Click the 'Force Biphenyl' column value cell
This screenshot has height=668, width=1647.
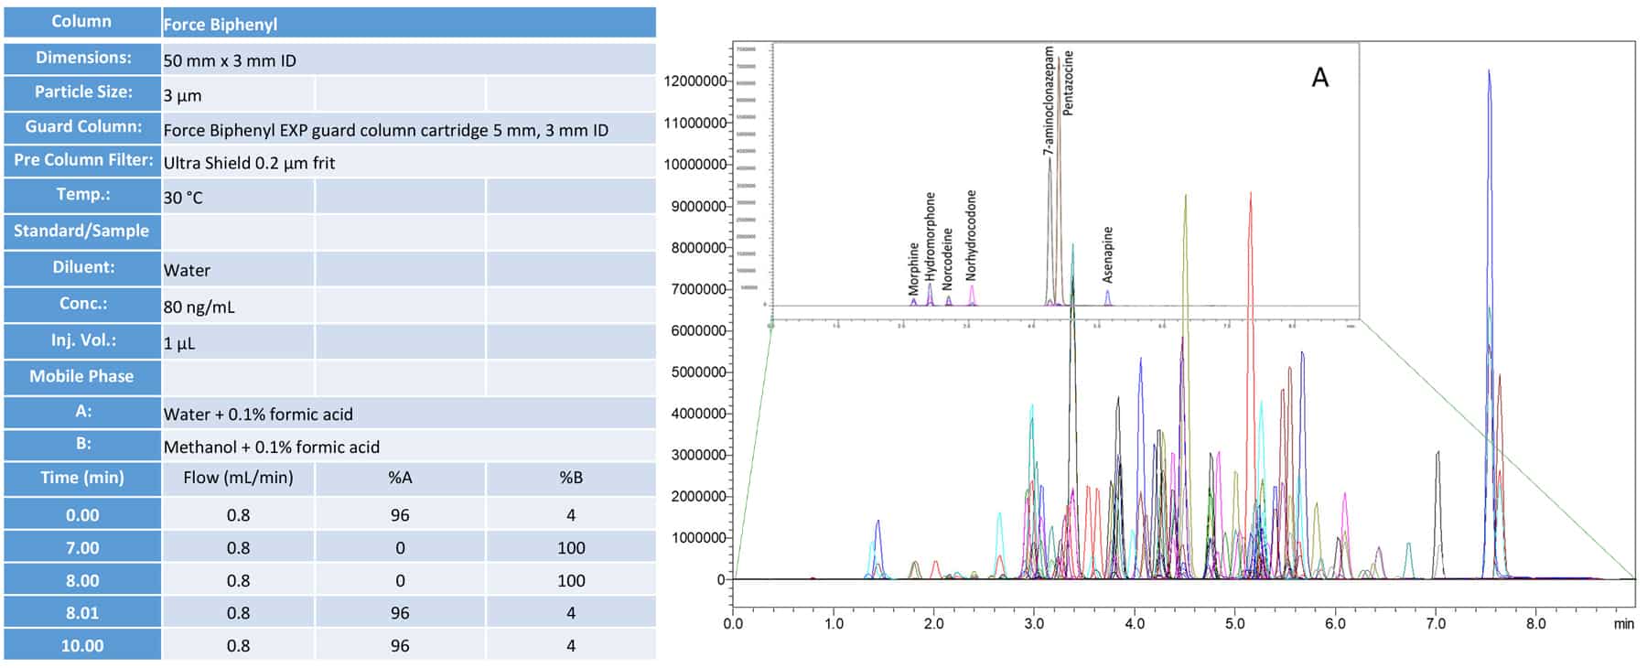pyautogui.click(x=221, y=24)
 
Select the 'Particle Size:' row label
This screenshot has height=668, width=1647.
pyautogui.click(x=82, y=92)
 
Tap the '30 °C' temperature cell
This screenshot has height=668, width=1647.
pyautogui.click(x=183, y=197)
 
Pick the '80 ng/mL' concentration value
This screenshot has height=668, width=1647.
pyautogui.click(x=199, y=307)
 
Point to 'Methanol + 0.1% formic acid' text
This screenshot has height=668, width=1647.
pyautogui.click(x=271, y=447)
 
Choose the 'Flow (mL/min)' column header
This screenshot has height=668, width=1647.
pyautogui.click(x=238, y=477)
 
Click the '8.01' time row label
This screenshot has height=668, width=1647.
pyautogui.click(x=82, y=612)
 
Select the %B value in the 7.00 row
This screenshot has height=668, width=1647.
pyautogui.click(x=571, y=547)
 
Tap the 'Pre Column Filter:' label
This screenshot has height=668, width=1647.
pyautogui.click(x=82, y=160)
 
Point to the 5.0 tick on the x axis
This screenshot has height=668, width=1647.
pyautogui.click(x=1234, y=623)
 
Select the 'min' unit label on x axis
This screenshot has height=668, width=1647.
pyautogui.click(x=1623, y=623)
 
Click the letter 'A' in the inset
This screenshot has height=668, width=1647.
pyautogui.click(x=1319, y=77)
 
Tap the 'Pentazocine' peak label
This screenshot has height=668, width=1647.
pyautogui.click(x=1068, y=82)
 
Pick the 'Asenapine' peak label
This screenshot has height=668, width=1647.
pyautogui.click(x=1108, y=254)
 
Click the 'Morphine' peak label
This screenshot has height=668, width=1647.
pyautogui.click(x=913, y=268)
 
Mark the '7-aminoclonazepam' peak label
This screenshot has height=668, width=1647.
pyautogui.click(x=1049, y=101)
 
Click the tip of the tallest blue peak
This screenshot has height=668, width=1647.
pyautogui.click(x=1489, y=70)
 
